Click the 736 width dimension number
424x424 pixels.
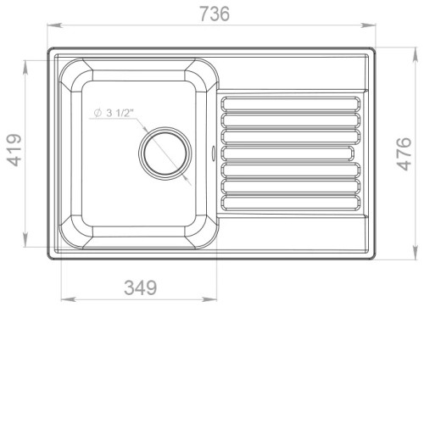(215, 14)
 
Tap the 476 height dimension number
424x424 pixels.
(404, 153)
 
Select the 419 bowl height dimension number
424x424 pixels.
(14, 150)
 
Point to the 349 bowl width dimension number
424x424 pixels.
(140, 287)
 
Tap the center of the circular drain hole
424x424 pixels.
(165, 153)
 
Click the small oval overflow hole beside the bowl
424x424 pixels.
(214, 153)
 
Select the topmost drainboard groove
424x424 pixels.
(291, 103)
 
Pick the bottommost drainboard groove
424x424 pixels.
(291, 203)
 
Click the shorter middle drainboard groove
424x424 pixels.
(287, 153)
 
